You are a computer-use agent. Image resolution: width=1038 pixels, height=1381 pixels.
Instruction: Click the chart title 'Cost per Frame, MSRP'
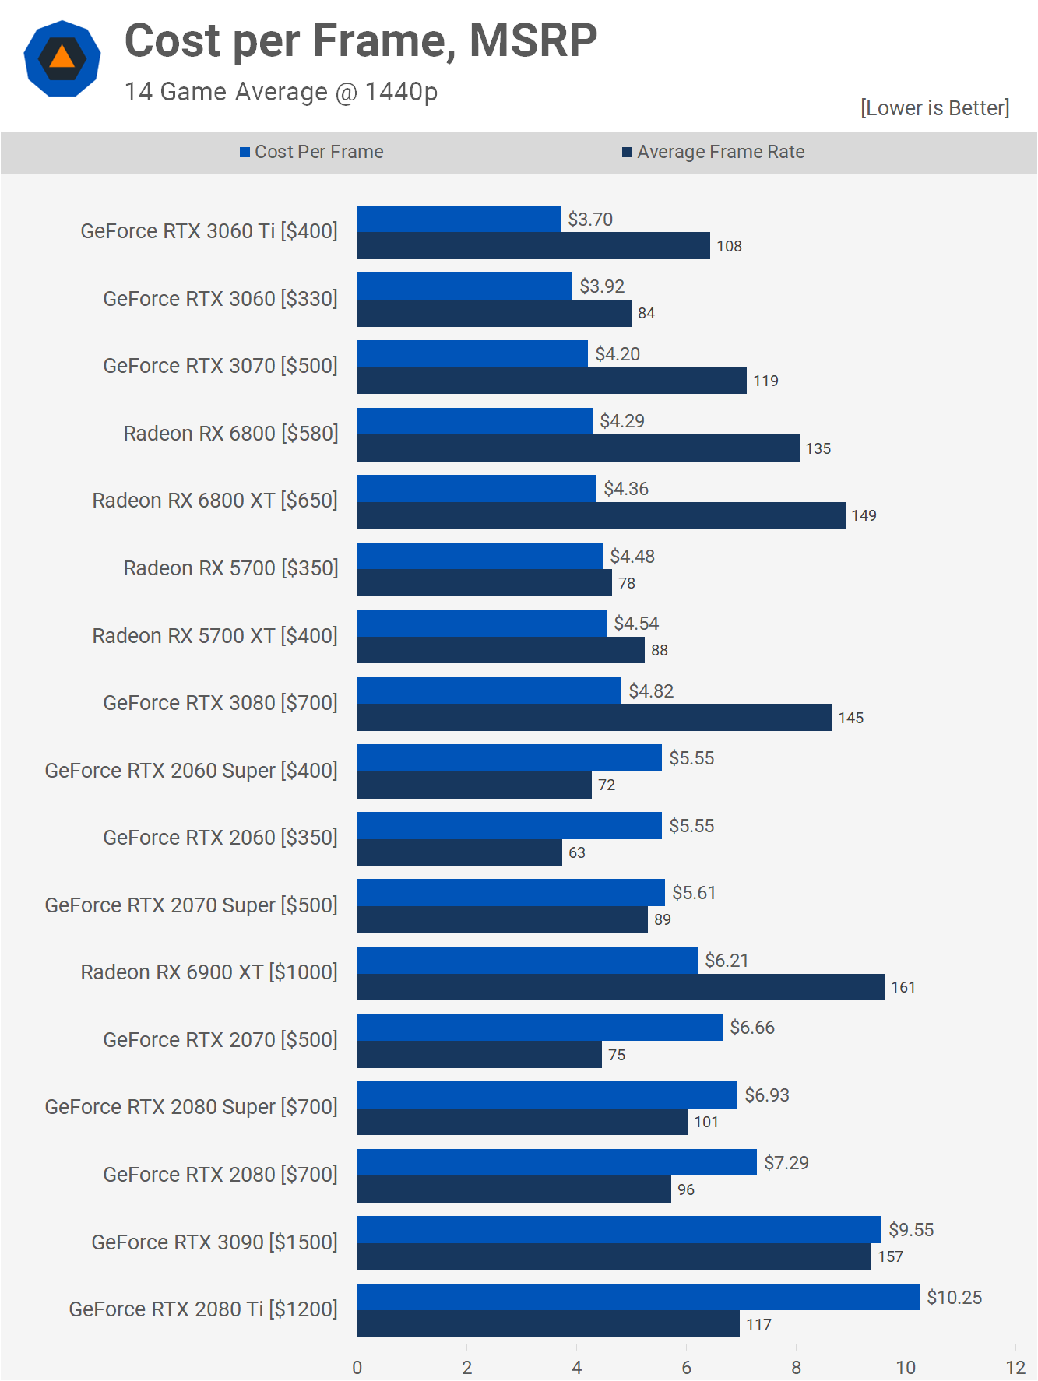point(361,40)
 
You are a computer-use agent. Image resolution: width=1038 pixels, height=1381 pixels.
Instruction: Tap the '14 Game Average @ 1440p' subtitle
point(281,92)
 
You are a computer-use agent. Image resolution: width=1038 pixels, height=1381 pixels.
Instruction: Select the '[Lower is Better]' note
point(934,107)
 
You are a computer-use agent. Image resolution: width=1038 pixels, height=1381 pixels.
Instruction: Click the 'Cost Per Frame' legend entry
point(311,152)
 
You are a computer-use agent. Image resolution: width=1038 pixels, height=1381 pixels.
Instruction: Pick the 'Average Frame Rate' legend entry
point(713,152)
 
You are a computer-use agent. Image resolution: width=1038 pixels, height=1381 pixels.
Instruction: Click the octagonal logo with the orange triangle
point(62,59)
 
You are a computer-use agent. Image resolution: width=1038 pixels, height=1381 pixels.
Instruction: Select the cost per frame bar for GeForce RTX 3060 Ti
point(459,219)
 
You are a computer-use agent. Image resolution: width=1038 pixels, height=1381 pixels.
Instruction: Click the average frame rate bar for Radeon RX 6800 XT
point(601,515)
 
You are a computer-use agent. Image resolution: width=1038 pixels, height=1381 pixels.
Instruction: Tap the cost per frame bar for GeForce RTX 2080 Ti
point(638,1297)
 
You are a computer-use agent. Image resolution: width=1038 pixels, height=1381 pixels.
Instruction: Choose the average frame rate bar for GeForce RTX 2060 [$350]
point(459,852)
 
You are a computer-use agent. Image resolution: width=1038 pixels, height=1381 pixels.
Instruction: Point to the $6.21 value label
point(727,961)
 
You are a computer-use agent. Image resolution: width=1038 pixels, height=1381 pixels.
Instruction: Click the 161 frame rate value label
point(903,987)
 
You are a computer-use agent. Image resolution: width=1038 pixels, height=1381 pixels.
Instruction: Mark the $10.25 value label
point(954,1298)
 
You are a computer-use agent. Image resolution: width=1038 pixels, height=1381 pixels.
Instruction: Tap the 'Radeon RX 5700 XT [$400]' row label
point(215,636)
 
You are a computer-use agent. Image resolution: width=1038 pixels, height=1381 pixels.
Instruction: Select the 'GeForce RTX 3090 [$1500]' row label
point(214,1242)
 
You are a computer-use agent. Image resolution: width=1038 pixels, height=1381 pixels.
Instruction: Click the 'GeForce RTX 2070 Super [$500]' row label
point(191,905)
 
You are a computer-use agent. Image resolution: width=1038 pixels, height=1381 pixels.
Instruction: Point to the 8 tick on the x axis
point(796,1368)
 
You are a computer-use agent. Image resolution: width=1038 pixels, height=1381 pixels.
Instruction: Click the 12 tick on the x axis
point(1015,1368)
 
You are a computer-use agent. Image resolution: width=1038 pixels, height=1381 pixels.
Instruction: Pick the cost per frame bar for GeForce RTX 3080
point(489,690)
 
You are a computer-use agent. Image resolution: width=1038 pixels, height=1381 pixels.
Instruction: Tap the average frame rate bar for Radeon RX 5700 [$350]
point(484,583)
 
